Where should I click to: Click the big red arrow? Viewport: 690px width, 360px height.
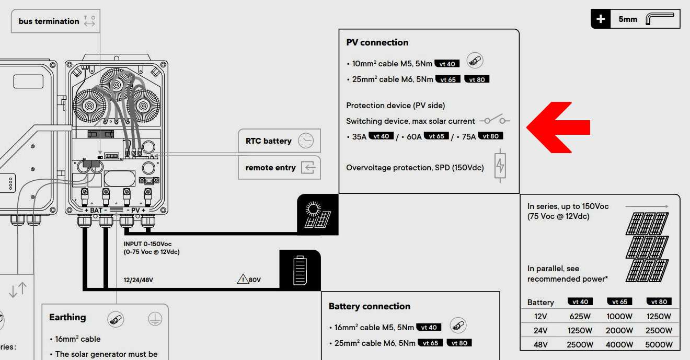558,127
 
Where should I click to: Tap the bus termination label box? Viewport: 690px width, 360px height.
55,21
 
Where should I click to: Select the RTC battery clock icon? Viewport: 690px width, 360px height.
306,141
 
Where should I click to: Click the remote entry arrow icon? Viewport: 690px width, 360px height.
308,168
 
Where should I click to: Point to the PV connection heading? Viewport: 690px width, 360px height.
377,42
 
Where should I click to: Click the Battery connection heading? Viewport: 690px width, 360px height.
370,306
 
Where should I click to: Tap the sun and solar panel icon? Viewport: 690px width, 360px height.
318,215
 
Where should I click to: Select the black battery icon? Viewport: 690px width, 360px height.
300,270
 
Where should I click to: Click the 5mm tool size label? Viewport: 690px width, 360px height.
628,19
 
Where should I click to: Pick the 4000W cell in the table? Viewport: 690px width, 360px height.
619,344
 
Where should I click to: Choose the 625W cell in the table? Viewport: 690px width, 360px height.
580,316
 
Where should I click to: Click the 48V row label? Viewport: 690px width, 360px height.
540,344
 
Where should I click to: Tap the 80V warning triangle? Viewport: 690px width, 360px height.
243,279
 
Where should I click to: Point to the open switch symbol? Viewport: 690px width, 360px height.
494,120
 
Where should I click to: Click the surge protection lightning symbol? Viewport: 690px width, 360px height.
500,166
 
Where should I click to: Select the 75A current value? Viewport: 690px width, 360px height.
469,136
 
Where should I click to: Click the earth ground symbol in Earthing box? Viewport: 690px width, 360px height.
155,319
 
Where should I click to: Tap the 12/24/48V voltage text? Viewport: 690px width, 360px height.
139,280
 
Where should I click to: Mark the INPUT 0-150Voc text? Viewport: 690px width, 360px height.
147,244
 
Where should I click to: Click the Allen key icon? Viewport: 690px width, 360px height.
659,18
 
